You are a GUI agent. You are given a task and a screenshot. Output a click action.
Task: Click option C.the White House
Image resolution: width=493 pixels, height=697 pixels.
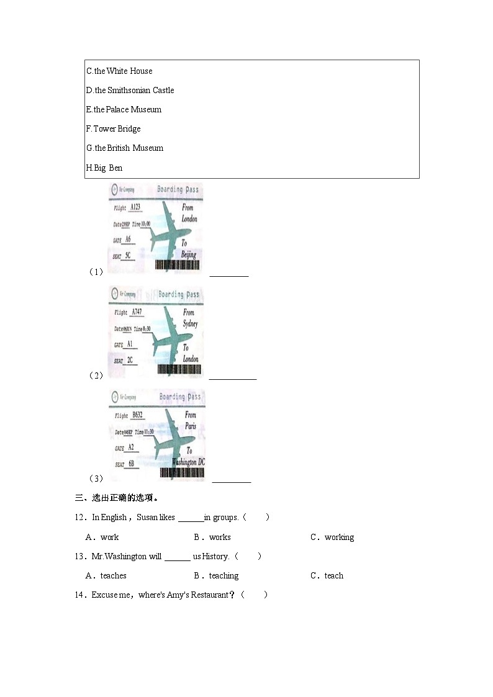point(119,71)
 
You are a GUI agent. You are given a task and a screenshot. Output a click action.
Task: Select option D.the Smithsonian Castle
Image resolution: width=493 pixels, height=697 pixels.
point(130,91)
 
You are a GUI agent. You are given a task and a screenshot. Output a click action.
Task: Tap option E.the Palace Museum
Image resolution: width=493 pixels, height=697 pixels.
point(124,110)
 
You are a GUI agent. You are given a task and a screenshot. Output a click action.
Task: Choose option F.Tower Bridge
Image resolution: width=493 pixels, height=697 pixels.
point(113,129)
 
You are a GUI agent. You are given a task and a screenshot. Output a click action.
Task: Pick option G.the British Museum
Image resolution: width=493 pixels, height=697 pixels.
point(124,148)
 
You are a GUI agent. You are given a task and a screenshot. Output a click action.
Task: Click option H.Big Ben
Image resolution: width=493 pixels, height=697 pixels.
point(104,168)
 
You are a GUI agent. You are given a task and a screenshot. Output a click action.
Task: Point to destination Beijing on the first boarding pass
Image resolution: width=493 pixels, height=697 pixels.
point(189,254)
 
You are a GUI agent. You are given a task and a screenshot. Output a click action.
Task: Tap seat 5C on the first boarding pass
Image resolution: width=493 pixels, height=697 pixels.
point(128,255)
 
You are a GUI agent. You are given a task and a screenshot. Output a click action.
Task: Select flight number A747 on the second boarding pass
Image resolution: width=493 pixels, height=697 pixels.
point(137,312)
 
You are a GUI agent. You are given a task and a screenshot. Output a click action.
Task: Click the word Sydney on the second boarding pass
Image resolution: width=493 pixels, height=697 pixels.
point(191,324)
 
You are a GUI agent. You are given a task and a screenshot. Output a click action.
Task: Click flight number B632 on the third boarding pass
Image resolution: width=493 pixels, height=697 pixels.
point(137,415)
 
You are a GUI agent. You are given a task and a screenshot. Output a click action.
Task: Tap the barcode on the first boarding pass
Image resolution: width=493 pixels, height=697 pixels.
point(177,265)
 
